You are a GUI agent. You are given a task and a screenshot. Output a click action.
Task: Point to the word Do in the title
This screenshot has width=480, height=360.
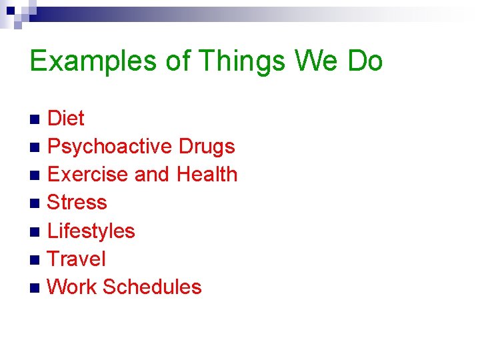pyautogui.click(x=365, y=61)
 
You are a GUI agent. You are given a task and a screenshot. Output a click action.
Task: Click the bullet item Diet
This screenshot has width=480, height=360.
pyautogui.click(x=66, y=119)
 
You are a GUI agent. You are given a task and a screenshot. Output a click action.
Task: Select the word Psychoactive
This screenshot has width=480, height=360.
pyautogui.click(x=110, y=147)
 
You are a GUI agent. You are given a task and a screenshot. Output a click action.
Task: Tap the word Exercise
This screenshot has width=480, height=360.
pyautogui.click(x=88, y=175)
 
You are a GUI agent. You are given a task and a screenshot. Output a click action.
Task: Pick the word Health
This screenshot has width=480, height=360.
pyautogui.click(x=207, y=175)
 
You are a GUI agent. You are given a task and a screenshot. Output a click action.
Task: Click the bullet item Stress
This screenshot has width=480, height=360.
pyautogui.click(x=77, y=203)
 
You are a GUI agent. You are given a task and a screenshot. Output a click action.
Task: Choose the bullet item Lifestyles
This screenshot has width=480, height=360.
pyautogui.click(x=91, y=231)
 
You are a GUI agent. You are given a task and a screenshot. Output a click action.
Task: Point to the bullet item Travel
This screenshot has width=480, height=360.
pyautogui.click(x=77, y=259)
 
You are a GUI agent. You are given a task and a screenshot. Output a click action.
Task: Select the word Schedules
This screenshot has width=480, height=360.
pyautogui.click(x=152, y=287)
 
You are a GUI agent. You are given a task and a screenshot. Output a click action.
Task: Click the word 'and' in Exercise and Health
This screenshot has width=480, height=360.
pyautogui.click(x=152, y=175)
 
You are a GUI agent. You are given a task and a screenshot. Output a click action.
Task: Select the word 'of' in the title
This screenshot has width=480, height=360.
pyautogui.click(x=178, y=61)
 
